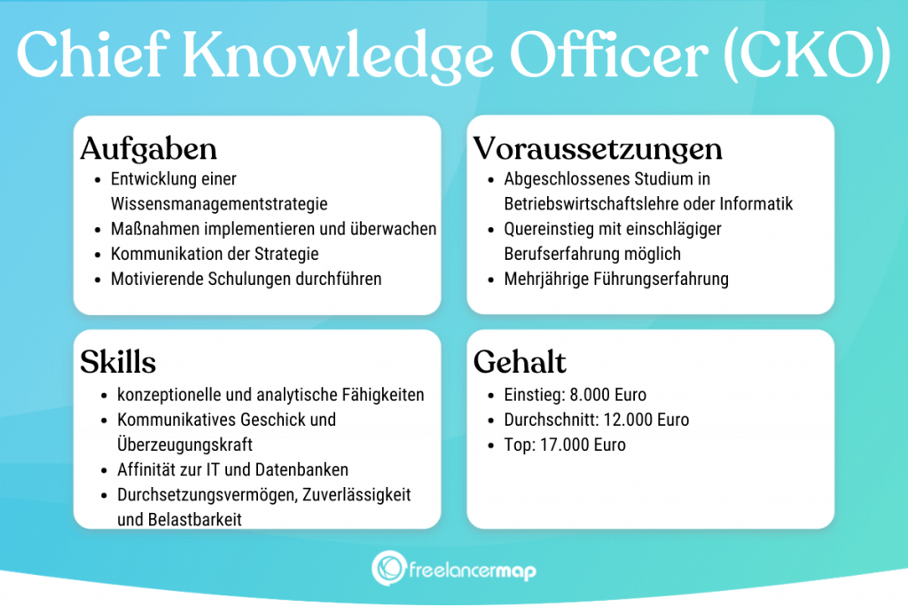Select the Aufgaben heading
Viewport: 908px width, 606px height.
coord(148,148)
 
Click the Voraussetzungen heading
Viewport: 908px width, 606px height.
coord(598,147)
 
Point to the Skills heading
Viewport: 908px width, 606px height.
coord(118,362)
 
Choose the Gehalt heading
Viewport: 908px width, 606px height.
coord(520,362)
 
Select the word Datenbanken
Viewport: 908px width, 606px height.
coord(302,469)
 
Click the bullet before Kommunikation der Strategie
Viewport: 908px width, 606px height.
coord(98,255)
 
